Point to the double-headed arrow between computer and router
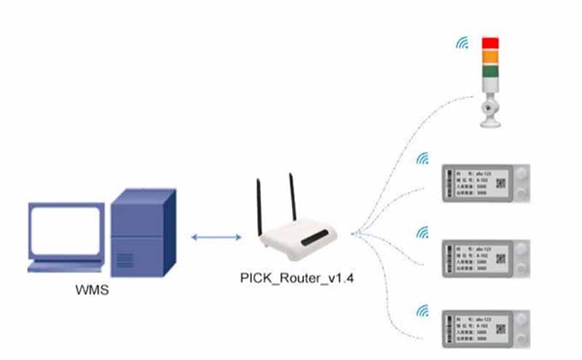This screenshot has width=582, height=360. [215, 237]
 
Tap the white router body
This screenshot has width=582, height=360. [300, 242]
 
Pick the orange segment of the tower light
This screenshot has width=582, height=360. [492, 57]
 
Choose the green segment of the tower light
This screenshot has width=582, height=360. [492, 71]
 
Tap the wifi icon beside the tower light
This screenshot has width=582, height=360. [462, 43]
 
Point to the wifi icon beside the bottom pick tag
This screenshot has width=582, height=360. [421, 311]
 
